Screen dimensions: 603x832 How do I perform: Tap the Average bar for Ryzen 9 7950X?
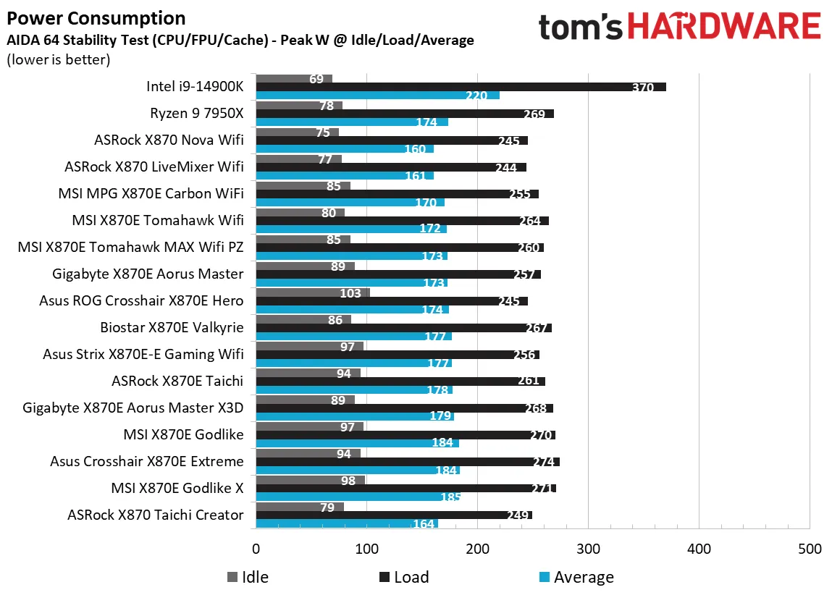pos(352,122)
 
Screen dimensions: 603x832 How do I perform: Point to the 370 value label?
pos(642,88)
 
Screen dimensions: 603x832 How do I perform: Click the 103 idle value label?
pos(350,292)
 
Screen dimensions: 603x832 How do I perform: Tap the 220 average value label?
pos(476,96)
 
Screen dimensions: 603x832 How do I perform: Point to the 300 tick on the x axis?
pos(588,549)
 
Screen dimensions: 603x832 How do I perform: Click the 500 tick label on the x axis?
pos(809,549)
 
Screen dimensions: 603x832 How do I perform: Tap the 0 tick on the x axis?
pos(256,549)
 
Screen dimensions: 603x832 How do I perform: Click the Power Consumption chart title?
pos(96,18)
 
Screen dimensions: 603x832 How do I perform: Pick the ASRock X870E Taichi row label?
pos(177,381)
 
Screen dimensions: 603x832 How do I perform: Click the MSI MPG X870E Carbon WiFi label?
pos(151,193)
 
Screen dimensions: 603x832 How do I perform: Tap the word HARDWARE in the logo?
pos(723,27)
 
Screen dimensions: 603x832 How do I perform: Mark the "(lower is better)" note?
pos(58,59)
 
